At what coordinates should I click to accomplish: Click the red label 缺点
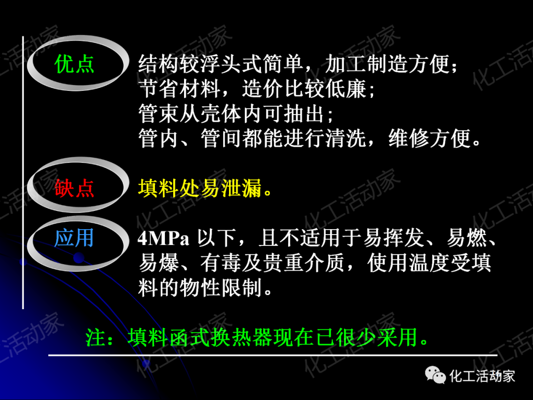(75, 188)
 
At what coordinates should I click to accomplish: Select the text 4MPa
(163, 240)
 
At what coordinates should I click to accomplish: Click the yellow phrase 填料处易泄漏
(199, 188)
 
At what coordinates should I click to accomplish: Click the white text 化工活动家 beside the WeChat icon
(482, 376)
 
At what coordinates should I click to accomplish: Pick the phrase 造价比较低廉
(304, 89)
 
